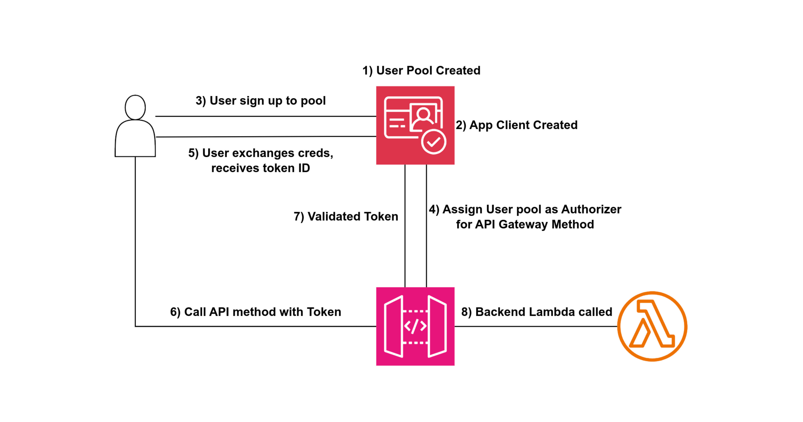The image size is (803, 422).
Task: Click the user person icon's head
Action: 135,107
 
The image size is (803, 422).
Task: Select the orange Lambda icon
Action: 652,326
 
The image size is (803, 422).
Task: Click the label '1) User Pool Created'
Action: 421,71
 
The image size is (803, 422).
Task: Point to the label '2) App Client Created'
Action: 516,125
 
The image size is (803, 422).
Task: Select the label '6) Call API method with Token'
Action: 256,312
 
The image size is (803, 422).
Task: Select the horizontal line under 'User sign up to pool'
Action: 265,116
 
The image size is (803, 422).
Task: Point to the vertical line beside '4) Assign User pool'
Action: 426,250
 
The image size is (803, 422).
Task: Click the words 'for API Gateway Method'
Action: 525,224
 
